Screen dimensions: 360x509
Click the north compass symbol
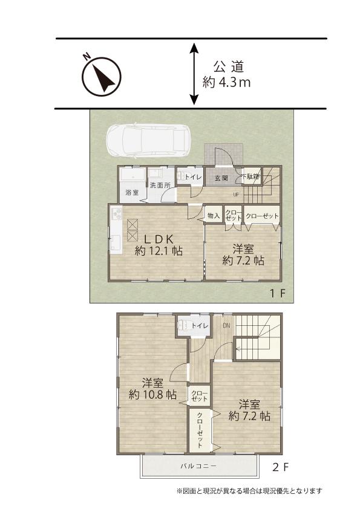click(101, 76)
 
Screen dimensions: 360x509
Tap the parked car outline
click(149, 141)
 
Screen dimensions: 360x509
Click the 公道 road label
click(229, 67)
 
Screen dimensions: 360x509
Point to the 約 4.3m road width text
click(226, 82)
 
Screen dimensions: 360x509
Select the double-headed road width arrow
click(194, 74)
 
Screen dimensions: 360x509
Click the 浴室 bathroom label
click(133, 192)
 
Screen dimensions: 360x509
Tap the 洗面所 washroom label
click(160, 186)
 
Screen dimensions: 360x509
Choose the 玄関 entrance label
click(221, 178)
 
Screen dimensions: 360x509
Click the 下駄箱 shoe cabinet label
click(251, 177)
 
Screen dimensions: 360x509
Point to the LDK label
click(159, 239)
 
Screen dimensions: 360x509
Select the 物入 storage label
click(214, 215)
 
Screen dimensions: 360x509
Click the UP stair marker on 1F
click(236, 195)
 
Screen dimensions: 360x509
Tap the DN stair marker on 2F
click(226, 325)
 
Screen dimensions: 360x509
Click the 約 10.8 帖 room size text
click(152, 395)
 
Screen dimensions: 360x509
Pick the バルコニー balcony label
click(198, 466)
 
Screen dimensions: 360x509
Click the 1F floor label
click(278, 293)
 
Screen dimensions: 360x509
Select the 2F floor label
click(280, 467)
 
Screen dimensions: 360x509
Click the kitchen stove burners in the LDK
click(117, 213)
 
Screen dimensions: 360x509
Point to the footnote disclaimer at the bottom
click(249, 491)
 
